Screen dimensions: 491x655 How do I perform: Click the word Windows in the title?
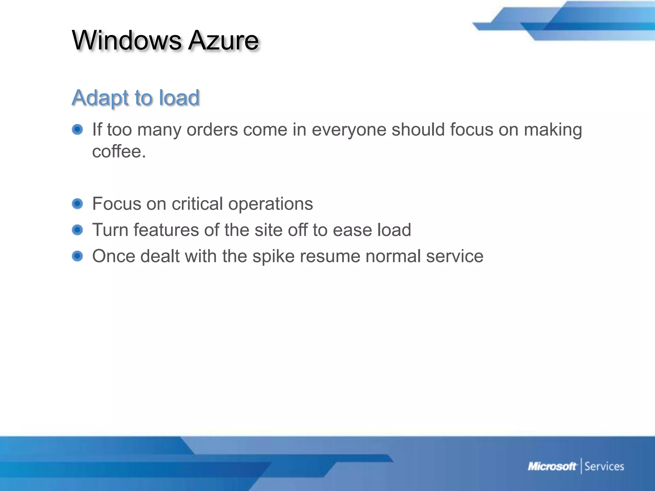(x=127, y=40)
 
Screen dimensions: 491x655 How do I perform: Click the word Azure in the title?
(x=223, y=40)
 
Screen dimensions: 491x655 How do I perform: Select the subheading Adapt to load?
(x=136, y=97)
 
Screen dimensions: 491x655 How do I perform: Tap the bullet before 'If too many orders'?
(x=77, y=129)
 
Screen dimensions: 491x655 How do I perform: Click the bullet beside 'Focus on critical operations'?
(x=77, y=204)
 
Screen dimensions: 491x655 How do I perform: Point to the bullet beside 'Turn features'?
(x=77, y=230)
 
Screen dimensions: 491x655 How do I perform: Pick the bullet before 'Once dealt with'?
(x=77, y=256)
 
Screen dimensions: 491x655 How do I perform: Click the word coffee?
(x=119, y=151)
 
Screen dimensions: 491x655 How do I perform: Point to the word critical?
(x=197, y=204)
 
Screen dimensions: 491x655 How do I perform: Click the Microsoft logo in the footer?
(x=552, y=466)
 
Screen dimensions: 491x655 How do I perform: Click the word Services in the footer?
(x=604, y=466)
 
